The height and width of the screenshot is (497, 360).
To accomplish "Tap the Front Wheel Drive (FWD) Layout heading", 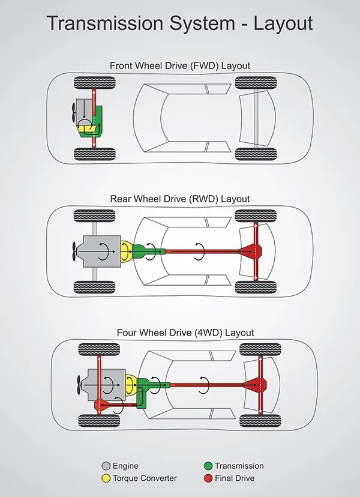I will [x=180, y=65].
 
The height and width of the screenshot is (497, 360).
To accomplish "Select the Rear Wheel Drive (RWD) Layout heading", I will [x=180, y=199].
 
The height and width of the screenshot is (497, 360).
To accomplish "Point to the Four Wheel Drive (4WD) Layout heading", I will [x=180, y=333].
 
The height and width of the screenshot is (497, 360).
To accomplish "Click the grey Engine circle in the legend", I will [x=106, y=466].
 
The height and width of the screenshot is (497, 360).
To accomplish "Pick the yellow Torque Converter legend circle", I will [x=106, y=478].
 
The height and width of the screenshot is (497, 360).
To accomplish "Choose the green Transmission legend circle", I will [x=208, y=466].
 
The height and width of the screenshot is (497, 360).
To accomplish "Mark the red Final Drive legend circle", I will [x=208, y=478].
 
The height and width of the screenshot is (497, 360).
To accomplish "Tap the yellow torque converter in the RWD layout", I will [x=127, y=251].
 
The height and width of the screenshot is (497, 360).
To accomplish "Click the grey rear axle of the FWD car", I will [x=257, y=120].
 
